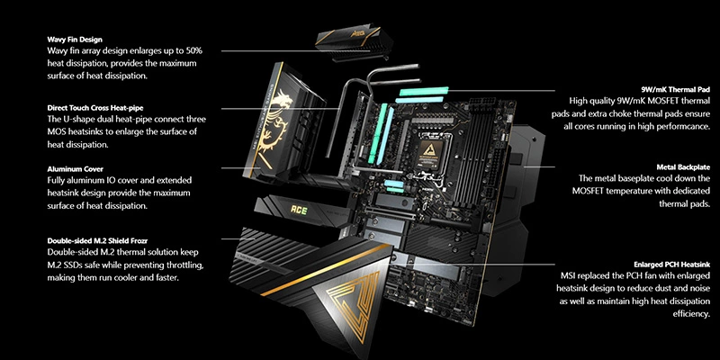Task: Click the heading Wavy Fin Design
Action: tap(75, 40)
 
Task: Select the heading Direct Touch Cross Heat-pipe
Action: tap(95, 108)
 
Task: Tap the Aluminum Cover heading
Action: tap(76, 169)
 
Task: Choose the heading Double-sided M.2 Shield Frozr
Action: tap(97, 240)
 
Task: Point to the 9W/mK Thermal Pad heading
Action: tap(676, 89)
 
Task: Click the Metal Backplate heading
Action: tap(683, 167)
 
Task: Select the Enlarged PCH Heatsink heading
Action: tap(671, 265)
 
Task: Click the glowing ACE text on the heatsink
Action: tap(299, 211)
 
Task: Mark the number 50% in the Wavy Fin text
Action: tap(192, 50)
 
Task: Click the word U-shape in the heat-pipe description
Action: tap(77, 120)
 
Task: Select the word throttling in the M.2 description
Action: tap(183, 265)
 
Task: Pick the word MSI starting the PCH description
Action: tap(568, 276)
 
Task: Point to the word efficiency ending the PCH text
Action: tap(691, 314)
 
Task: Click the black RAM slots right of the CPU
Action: tap(469, 156)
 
